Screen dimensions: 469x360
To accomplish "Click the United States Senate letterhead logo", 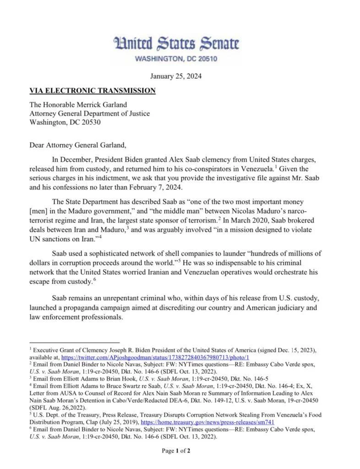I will pos(176,44).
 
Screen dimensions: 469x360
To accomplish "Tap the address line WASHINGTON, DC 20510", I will pos(176,59).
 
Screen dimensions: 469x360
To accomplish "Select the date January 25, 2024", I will pos(176,76).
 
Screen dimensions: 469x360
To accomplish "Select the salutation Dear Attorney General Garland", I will pos(77,146).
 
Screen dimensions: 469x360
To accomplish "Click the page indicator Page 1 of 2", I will pos(176,451).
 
